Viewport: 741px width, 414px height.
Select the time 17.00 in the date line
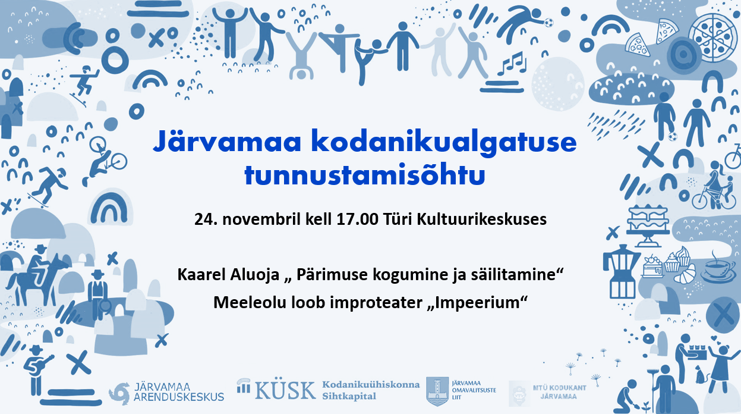(357, 219)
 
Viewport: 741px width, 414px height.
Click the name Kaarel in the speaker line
(200, 275)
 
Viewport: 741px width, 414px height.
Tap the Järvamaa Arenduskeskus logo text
(179, 392)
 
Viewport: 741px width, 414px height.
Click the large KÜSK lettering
(285, 390)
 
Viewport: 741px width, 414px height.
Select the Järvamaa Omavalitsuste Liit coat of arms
(437, 391)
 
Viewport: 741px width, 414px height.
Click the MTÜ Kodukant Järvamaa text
(559, 392)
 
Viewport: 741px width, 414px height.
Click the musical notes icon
(512, 63)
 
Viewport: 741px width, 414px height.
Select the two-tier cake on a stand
(647, 226)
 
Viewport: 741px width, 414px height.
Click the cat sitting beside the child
(702, 375)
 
